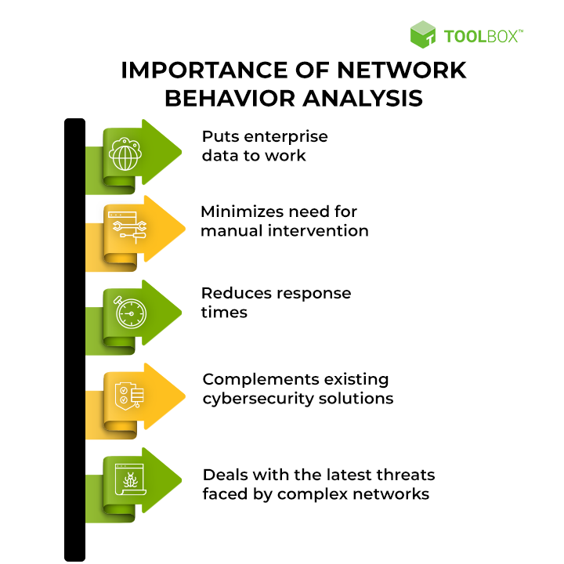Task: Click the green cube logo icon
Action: pos(423,34)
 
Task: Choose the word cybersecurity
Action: pos(255,399)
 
